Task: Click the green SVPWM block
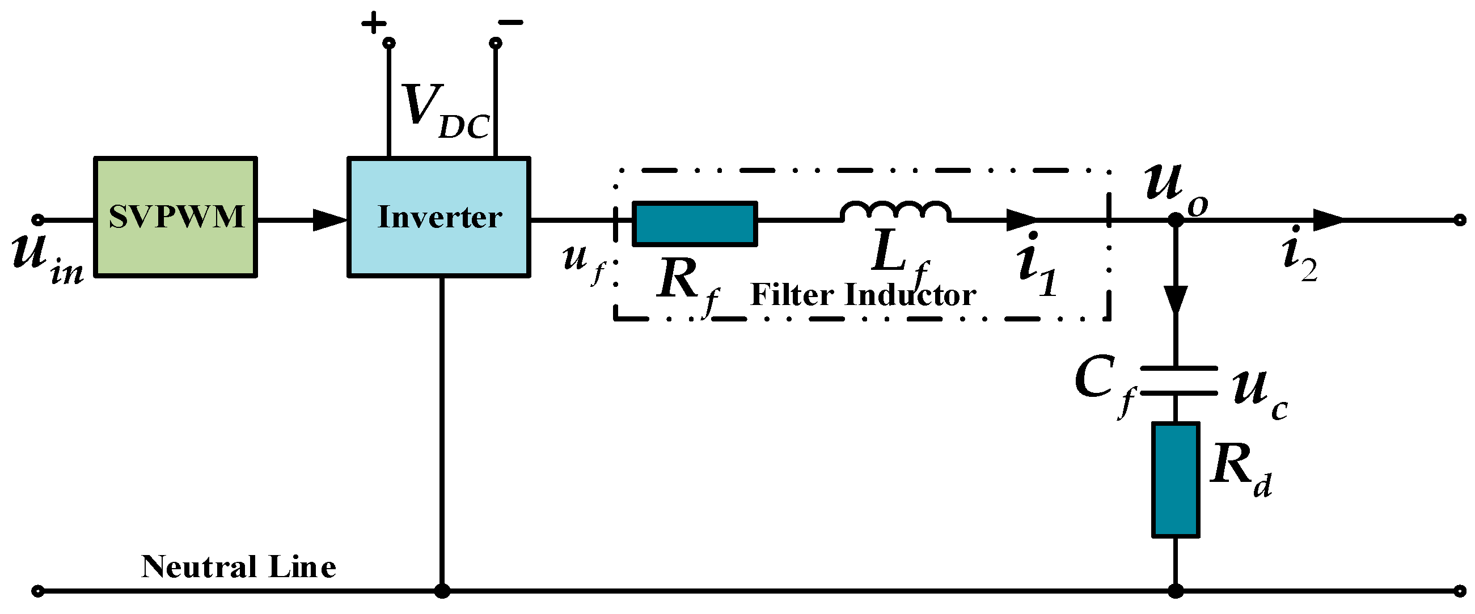[x=175, y=218]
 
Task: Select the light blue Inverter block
[x=438, y=218]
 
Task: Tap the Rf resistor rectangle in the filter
[x=695, y=224]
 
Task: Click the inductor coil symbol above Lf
[x=895, y=211]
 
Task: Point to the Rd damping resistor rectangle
[x=1176, y=480]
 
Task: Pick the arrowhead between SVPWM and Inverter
[x=331, y=220]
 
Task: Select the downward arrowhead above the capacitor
[x=1176, y=299]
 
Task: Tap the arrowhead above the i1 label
[x=1021, y=220]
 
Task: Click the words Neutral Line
[x=238, y=567]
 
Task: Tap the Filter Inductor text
[x=863, y=295]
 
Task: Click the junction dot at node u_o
[x=1176, y=220]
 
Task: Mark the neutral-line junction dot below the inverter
[x=441, y=591]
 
